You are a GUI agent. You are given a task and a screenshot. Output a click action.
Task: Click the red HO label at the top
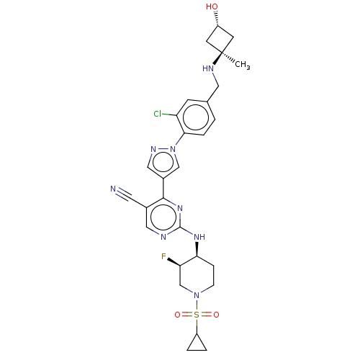[x=212, y=7]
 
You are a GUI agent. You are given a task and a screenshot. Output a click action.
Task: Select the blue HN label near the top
[x=208, y=69]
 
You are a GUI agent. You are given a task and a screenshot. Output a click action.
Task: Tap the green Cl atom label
[x=158, y=114]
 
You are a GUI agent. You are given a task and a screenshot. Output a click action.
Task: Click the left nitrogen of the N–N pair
[x=153, y=149]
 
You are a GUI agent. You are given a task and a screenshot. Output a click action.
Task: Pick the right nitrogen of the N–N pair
[x=173, y=149]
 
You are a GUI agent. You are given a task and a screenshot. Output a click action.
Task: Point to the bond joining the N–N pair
[x=163, y=149]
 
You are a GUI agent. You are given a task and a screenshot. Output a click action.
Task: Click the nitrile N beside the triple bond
[x=113, y=189]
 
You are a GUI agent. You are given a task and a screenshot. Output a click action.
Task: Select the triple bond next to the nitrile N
[x=120, y=192]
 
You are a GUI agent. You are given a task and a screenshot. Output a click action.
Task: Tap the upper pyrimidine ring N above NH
[x=180, y=208]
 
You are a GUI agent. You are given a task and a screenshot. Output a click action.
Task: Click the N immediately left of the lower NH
[x=163, y=236]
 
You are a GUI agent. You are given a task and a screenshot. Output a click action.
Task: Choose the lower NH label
[x=199, y=236]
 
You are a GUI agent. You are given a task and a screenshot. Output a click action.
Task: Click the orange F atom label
[x=163, y=256]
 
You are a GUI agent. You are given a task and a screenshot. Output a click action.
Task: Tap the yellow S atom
[x=196, y=315]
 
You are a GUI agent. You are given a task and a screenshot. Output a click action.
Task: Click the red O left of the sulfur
[x=176, y=315]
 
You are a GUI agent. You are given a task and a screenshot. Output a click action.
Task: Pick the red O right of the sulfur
[x=215, y=315]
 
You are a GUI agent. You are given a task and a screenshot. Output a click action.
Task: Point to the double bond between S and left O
[x=186, y=315]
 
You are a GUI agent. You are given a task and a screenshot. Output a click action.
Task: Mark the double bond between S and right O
[x=206, y=315]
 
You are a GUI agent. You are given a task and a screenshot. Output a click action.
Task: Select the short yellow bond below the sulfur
[x=196, y=325]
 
